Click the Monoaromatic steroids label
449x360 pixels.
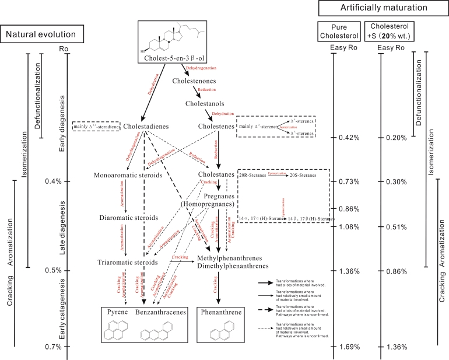click(x=127, y=175)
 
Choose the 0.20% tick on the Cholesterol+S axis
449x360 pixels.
click(x=395, y=137)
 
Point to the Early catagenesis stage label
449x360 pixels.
click(x=62, y=309)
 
